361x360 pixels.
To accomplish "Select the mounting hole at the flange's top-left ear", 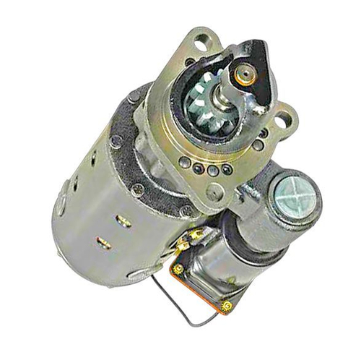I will pos(199,41).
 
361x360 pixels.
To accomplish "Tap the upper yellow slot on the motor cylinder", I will pos(123,221).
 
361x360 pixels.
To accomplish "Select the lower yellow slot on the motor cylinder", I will pos(103,243).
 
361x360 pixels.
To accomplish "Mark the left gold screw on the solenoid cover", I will pos(177,269).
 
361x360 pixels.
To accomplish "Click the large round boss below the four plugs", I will pos(214,192).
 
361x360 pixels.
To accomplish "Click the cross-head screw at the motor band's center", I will pos(136,189).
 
